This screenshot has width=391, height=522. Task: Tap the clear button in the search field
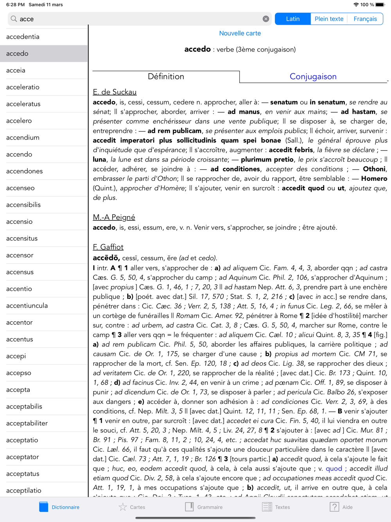coord(266,19)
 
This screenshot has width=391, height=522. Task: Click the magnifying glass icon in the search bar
coord(14,19)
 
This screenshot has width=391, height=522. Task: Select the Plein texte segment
coord(329,19)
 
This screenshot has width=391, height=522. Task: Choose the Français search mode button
coord(365,19)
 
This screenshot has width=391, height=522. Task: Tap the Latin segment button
coord(293,19)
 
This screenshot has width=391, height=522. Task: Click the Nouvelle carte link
coord(240,33)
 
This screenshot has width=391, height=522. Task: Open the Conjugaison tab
coord(313,76)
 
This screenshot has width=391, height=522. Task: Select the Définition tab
coord(166,76)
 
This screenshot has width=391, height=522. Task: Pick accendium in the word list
coord(23,137)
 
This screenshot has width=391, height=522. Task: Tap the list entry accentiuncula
coord(27,306)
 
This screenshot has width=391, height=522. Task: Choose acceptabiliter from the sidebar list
coord(27,423)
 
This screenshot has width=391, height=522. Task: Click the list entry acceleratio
coord(23,87)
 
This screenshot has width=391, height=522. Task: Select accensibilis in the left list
coord(23,205)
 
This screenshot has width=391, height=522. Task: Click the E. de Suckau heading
coord(115,92)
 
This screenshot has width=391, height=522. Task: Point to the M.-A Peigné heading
coord(114,217)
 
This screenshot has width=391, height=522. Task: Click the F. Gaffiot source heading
coord(108,247)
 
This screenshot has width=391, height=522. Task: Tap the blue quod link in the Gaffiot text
coord(334,468)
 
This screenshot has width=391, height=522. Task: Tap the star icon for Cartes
coord(123,507)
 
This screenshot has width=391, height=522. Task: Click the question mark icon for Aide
coord(334,507)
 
